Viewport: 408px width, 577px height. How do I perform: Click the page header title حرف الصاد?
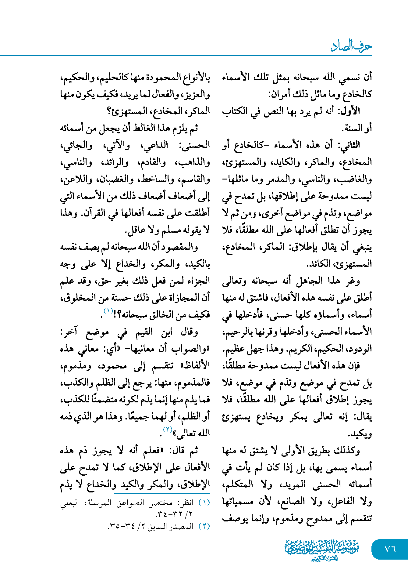[x=351, y=46]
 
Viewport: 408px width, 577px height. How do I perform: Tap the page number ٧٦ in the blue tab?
[x=390, y=549]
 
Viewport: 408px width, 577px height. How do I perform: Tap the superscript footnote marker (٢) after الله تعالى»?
[x=168, y=429]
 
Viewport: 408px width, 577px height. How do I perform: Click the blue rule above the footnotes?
[x=162, y=493]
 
